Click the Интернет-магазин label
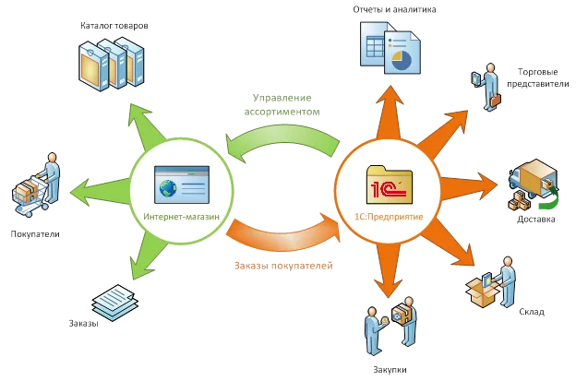[x=182, y=218]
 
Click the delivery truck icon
[x=534, y=182]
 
